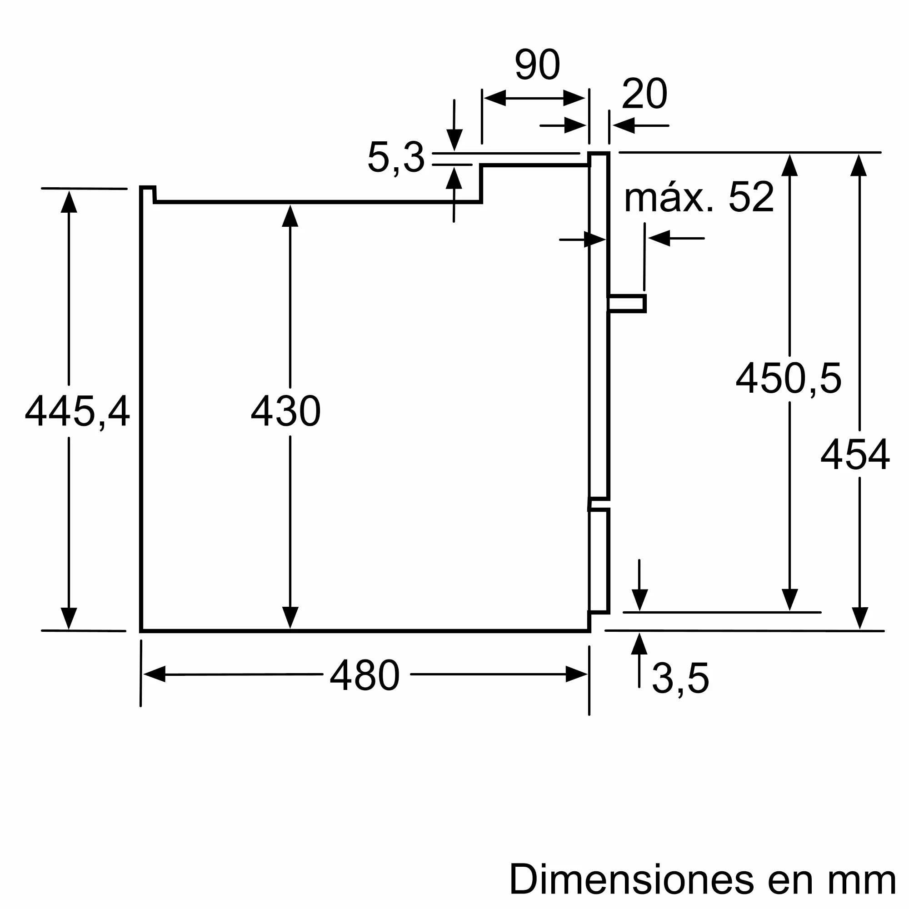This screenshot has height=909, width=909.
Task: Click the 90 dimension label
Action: pyautogui.click(x=537, y=65)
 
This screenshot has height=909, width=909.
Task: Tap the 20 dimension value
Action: pyautogui.click(x=644, y=94)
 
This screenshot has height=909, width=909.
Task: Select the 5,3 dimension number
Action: pyautogui.click(x=396, y=157)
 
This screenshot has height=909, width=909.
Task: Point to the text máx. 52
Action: pyautogui.click(x=699, y=197)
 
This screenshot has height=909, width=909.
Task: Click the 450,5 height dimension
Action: pyautogui.click(x=789, y=378)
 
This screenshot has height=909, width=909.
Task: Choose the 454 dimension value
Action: pyautogui.click(x=855, y=454)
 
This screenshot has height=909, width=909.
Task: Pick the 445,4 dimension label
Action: pyautogui.click(x=77, y=411)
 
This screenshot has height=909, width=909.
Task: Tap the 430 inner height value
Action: pyautogui.click(x=285, y=411)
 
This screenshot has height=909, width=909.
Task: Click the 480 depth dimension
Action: pyautogui.click(x=365, y=675)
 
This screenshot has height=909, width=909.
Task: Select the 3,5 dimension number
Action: pyautogui.click(x=680, y=679)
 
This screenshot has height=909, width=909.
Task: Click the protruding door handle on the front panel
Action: pyautogui.click(x=627, y=304)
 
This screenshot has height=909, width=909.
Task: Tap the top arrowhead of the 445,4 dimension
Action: pyautogui.click(x=69, y=202)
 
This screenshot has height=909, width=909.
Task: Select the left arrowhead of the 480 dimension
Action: pyautogui.click(x=155, y=674)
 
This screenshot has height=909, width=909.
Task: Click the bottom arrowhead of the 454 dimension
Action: pyautogui.click(x=859, y=617)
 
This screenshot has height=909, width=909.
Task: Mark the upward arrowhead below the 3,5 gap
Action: pyautogui.click(x=639, y=644)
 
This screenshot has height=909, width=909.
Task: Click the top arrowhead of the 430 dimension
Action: pyautogui.click(x=290, y=216)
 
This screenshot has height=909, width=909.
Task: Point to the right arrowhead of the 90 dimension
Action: pyautogui.click(x=574, y=98)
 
